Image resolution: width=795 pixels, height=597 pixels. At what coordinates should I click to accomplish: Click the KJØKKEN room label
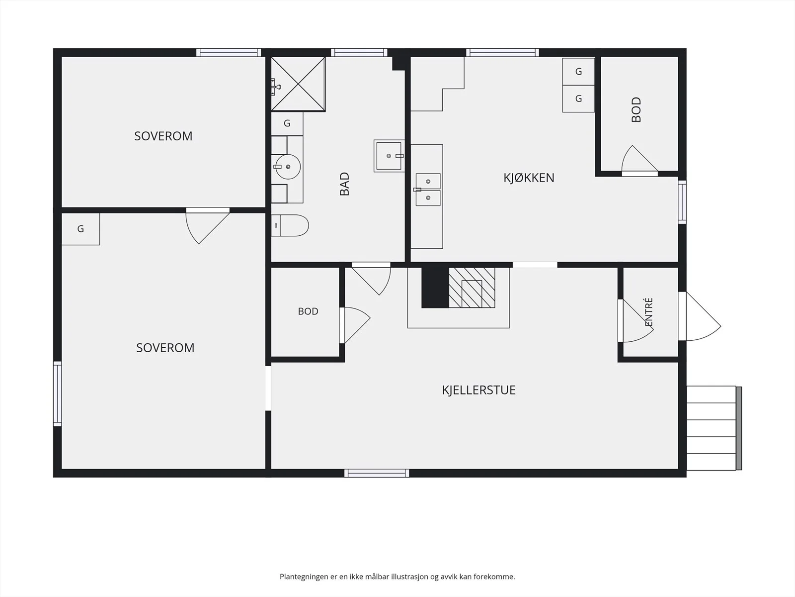529,178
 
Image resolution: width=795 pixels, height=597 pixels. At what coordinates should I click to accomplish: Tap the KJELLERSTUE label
478,390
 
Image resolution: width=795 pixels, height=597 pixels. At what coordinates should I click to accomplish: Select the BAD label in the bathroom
344,184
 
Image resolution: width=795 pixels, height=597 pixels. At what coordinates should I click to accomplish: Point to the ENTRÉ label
649,312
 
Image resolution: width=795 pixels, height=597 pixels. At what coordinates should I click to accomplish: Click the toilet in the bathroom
290,225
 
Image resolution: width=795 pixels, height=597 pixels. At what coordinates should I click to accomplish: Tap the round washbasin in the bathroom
288,167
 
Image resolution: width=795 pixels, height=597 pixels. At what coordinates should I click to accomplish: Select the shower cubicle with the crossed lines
298,84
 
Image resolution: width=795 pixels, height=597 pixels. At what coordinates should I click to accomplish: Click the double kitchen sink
428,190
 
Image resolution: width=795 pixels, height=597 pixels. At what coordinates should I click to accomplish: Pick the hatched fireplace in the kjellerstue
472,288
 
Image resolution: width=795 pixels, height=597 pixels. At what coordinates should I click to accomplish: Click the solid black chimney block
435,288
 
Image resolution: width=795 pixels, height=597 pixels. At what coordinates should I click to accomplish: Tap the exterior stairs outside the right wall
714,428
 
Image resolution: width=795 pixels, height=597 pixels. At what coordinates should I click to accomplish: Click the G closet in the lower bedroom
80,229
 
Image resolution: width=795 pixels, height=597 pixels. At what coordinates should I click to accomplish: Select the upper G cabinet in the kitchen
578,72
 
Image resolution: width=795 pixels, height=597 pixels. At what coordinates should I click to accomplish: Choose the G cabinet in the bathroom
287,123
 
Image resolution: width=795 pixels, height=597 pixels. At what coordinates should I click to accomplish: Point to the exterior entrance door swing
700,316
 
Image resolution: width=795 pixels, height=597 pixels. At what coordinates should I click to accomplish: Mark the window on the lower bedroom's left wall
57,394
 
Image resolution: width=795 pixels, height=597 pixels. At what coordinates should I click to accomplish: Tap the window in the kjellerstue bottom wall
377,473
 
